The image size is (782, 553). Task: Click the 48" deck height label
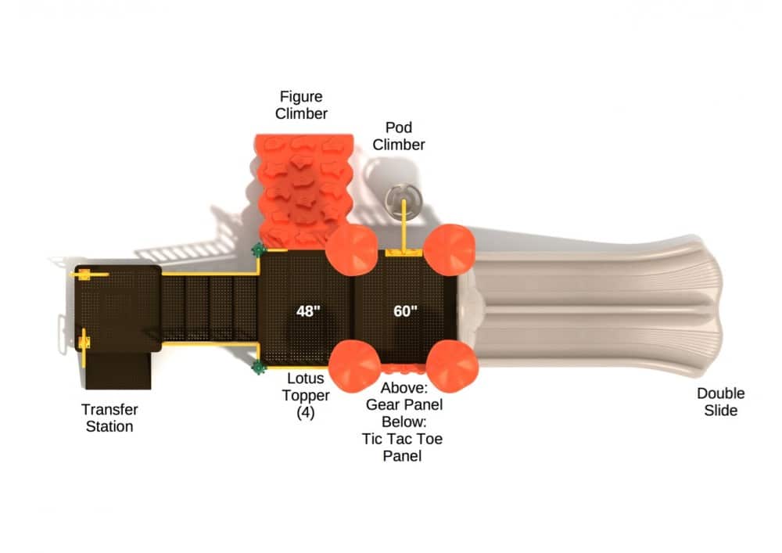click(x=308, y=311)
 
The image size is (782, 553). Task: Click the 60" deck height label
click(x=405, y=311)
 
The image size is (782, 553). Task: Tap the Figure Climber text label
click(x=301, y=105)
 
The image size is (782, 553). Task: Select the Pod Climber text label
click(x=399, y=135)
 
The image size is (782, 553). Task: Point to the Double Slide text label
click(x=720, y=401)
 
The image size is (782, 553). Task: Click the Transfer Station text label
click(x=109, y=418)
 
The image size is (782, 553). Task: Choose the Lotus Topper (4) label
click(x=306, y=396)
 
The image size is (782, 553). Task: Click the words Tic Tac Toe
click(x=402, y=439)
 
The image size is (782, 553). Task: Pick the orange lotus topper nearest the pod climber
click(x=449, y=248)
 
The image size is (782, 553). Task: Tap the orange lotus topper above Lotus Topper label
click(x=353, y=364)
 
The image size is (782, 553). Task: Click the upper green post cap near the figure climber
click(x=257, y=250)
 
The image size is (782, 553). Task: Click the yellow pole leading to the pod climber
click(x=404, y=227)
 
